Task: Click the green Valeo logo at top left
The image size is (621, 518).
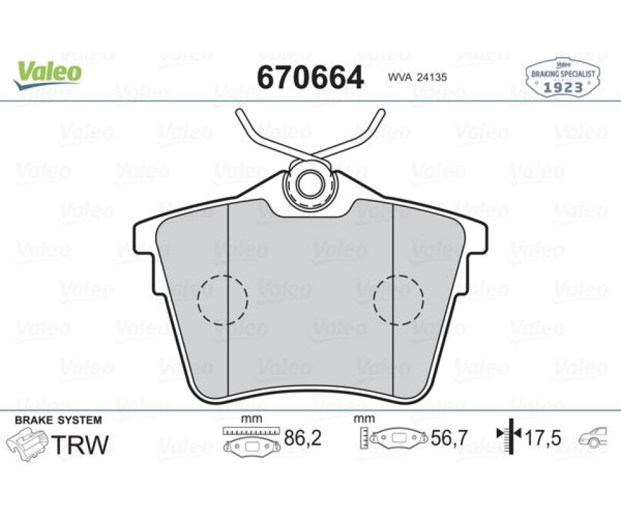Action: coord(47,74)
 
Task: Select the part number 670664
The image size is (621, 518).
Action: coord(310,77)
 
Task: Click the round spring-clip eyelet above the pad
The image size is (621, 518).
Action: coord(310,184)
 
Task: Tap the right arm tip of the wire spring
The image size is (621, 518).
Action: coord(382,112)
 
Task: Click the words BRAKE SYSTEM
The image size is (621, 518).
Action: coord(58,420)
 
